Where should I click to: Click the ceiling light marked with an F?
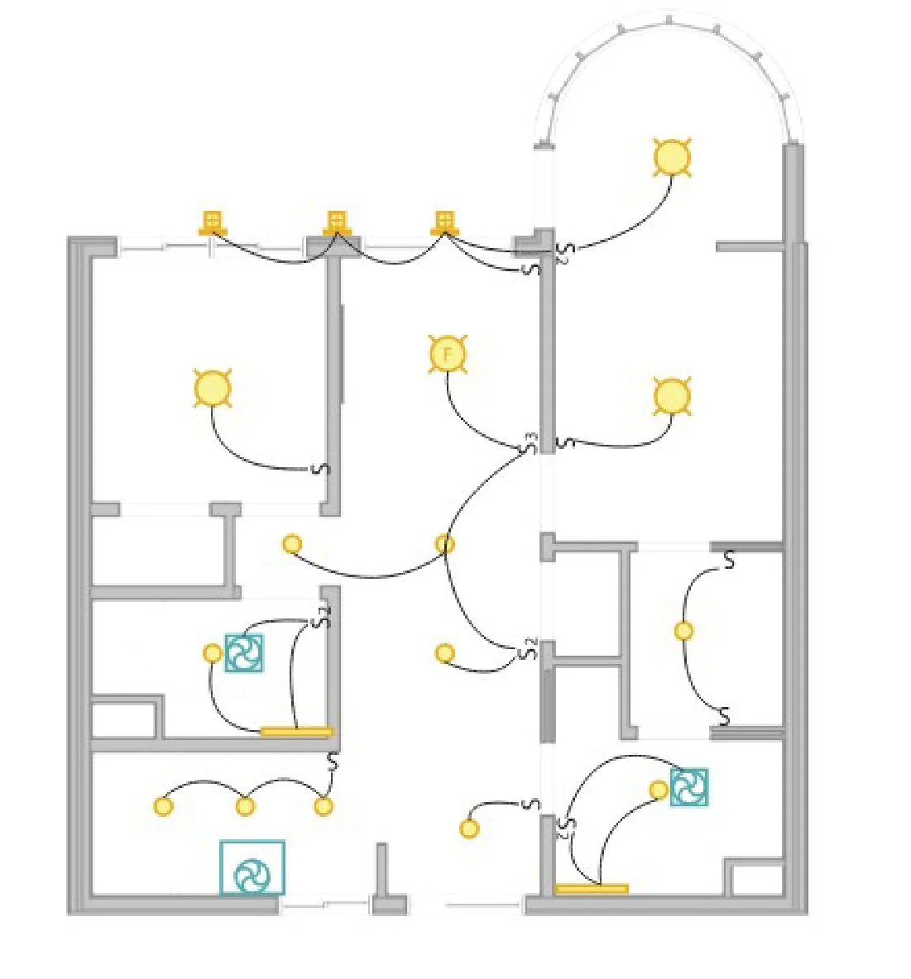[448, 355]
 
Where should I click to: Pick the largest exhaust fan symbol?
[252, 867]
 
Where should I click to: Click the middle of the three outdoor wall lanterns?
[336, 222]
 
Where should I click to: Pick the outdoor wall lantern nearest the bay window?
[444, 221]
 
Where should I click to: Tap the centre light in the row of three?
[245, 805]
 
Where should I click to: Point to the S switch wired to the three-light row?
[333, 762]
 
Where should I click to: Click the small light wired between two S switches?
[683, 631]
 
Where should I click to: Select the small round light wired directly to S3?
[444, 544]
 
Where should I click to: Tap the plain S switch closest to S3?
[565, 442]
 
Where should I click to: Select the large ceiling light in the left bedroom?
[212, 389]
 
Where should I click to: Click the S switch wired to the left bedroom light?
[323, 469]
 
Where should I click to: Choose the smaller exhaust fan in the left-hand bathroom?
[244, 652]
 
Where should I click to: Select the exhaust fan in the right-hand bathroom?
[688, 787]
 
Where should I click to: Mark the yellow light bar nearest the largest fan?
[296, 731]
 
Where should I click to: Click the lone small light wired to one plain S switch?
[469, 829]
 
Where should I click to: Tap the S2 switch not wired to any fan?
[528, 650]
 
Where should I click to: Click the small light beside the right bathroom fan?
[659, 790]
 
